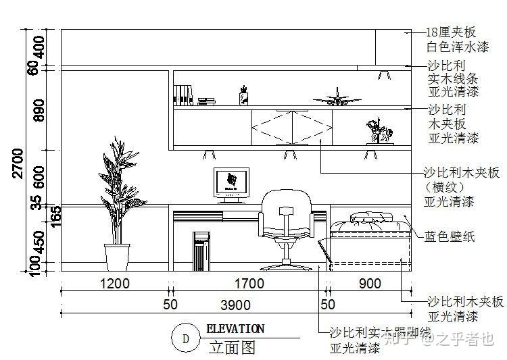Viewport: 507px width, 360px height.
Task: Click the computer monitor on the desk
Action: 231,183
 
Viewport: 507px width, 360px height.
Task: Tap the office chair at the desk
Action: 287,226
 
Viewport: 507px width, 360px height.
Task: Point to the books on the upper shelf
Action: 183,95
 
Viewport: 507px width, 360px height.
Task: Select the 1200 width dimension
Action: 114,284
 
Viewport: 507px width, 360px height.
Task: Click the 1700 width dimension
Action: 249,284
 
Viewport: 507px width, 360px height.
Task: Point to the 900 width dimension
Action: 369,284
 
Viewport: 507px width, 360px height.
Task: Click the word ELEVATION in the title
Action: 235,330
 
